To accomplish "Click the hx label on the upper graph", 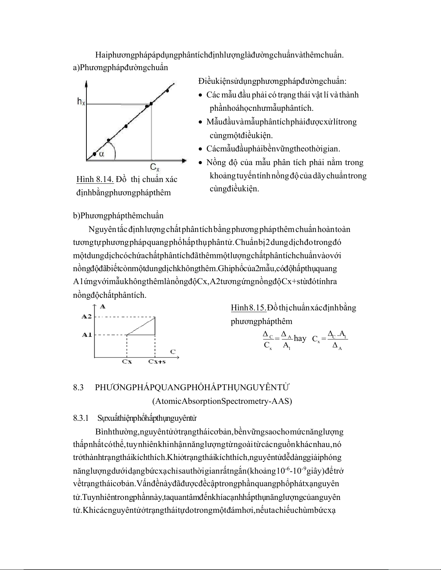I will click(81, 102).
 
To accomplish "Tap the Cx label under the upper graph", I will click(154, 168).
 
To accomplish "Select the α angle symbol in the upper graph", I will click(102, 154).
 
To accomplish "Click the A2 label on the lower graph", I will click(87, 316).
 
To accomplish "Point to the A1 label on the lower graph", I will click(87, 335).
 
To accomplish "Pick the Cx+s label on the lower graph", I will click(157, 361).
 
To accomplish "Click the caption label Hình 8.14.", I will click(95, 179).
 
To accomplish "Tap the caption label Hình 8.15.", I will click(248, 308).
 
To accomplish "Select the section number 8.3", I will click(78, 387).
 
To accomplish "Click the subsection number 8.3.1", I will click(81, 418).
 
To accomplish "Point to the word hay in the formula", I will click(300, 338).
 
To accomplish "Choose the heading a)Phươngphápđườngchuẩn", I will click(120, 68).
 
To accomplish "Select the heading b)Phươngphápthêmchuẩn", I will click(118, 216).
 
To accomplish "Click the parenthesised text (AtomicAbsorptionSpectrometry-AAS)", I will click(222, 401).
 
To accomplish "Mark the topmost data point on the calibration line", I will click(167, 91).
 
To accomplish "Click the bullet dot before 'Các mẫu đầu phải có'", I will click(201, 96).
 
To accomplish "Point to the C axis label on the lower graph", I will click(173, 351).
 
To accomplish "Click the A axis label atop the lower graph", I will click(103, 306).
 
